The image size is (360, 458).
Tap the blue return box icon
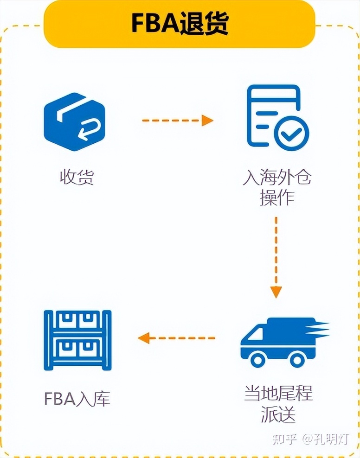click(x=74, y=122)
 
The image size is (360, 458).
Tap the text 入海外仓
click(x=277, y=178)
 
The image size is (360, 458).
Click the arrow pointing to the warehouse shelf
click(x=177, y=337)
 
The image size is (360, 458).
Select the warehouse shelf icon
click(x=77, y=340)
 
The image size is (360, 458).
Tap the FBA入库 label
click(x=77, y=398)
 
